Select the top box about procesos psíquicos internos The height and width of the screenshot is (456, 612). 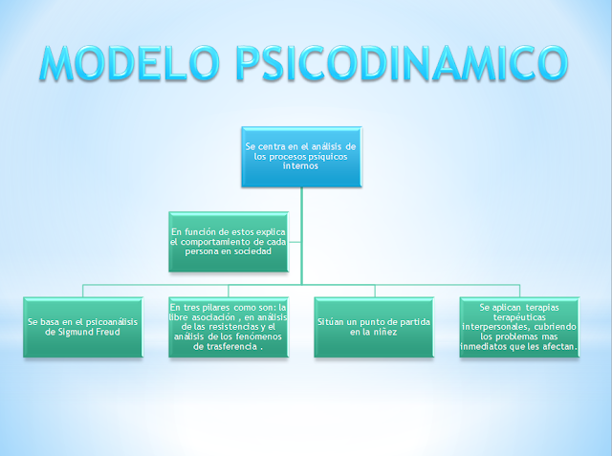coord(300,155)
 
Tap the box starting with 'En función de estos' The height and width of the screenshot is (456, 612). coord(229,242)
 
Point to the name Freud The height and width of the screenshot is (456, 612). coord(102,332)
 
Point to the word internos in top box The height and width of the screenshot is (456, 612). coord(300,165)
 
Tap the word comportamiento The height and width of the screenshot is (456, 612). coord(208,243)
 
